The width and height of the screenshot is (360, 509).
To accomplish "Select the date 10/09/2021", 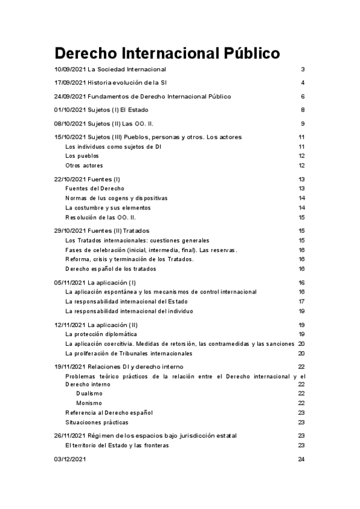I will [70, 70].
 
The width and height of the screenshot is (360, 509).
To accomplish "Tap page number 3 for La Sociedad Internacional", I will [304, 70].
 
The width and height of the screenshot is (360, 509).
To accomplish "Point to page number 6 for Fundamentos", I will [304, 97].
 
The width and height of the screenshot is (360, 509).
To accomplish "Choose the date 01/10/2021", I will [70, 110].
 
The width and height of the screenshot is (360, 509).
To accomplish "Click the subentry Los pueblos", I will [82, 156].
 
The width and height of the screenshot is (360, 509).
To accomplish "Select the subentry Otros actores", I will [84, 165].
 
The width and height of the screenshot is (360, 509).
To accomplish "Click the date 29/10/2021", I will [70, 230].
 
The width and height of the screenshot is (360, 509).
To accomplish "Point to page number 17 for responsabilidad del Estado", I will [302, 301].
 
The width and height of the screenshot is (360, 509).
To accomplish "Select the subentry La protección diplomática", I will [101, 334].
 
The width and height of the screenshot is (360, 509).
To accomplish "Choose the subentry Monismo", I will [89, 403].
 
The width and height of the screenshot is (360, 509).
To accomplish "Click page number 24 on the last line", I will [302, 460].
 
